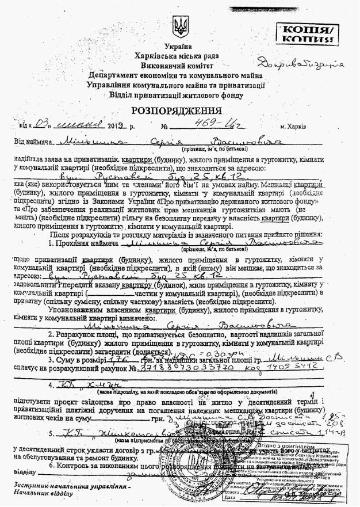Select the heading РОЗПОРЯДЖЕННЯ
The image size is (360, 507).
[x=180, y=110]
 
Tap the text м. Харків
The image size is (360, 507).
[x=293, y=126]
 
